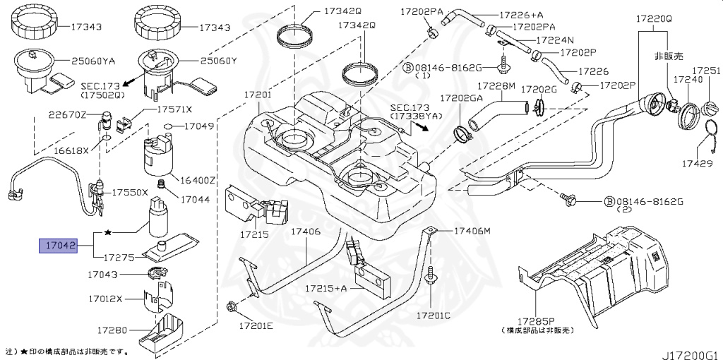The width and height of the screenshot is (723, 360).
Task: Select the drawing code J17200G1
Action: (x=689, y=349)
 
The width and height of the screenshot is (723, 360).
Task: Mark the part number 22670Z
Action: (x=67, y=114)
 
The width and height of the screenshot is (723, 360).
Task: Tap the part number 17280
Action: (x=112, y=330)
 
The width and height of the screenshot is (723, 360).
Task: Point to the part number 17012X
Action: (x=106, y=299)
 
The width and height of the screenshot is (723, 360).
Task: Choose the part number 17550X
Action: (x=130, y=192)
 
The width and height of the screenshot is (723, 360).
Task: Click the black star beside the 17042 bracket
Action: (x=108, y=232)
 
